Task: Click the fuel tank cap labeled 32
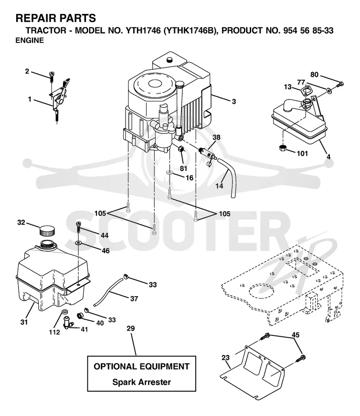47,231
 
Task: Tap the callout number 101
302,154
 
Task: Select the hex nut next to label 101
283,148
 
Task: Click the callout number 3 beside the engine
234,101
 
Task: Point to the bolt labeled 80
340,85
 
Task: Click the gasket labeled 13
306,92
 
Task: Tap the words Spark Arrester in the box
142,382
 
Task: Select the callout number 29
130,329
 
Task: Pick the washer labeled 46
78,243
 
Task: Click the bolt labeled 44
78,226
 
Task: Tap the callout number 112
54,332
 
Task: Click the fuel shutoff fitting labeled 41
67,322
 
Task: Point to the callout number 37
134,299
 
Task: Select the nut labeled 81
180,149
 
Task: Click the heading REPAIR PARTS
56,18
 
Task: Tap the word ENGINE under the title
30,41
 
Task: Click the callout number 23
225,357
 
